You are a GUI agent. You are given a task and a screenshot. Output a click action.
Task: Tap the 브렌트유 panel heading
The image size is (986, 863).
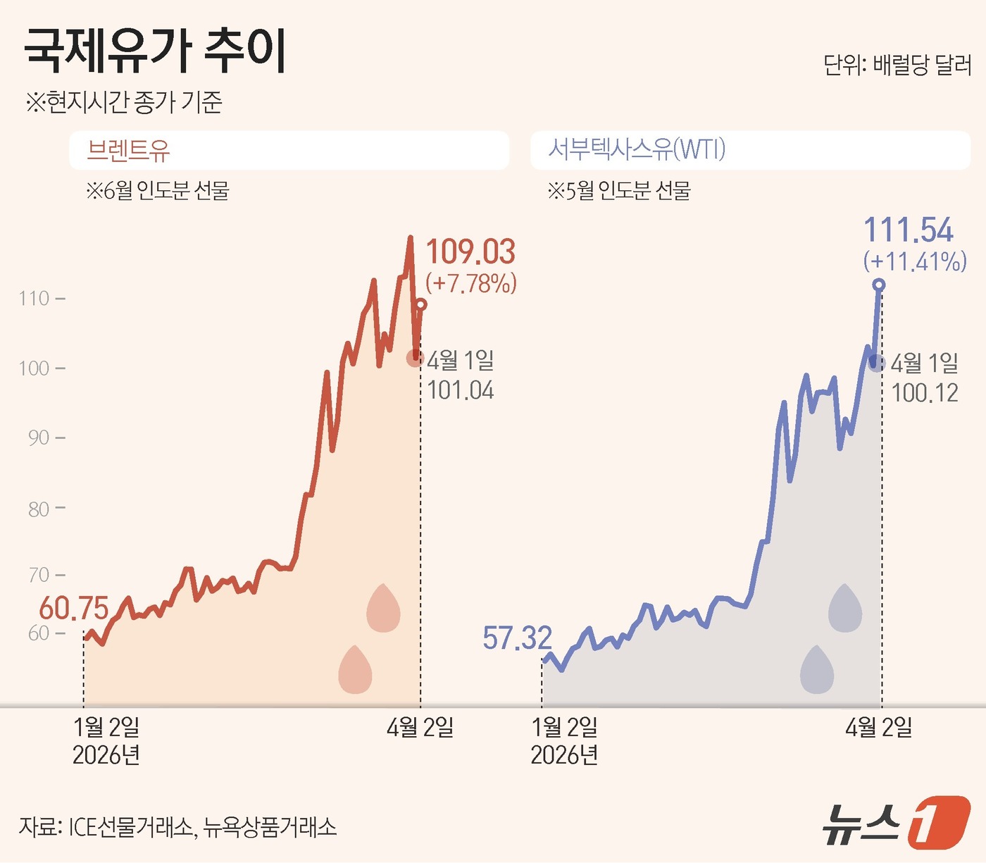128,150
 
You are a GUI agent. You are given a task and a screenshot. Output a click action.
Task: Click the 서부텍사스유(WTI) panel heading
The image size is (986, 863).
637,149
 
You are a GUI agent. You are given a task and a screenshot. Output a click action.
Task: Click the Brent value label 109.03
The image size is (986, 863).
470,252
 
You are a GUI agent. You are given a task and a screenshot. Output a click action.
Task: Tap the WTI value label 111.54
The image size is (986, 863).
908,230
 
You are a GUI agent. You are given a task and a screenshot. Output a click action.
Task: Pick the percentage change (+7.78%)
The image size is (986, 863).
471,283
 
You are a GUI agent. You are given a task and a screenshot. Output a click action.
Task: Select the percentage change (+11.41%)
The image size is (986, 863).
915,261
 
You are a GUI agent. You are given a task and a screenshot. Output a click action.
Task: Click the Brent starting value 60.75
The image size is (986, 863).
74,609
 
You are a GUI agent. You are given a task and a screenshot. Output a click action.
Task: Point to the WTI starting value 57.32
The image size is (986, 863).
517,638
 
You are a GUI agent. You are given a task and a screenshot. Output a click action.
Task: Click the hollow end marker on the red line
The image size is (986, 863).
420,304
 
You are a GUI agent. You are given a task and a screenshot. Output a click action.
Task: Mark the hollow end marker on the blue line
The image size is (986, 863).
878,285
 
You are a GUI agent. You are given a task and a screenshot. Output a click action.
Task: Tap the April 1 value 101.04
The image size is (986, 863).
461,390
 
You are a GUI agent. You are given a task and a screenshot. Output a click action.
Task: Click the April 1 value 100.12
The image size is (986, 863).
925,393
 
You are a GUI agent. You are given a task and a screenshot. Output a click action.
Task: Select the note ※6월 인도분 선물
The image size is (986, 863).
157,190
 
